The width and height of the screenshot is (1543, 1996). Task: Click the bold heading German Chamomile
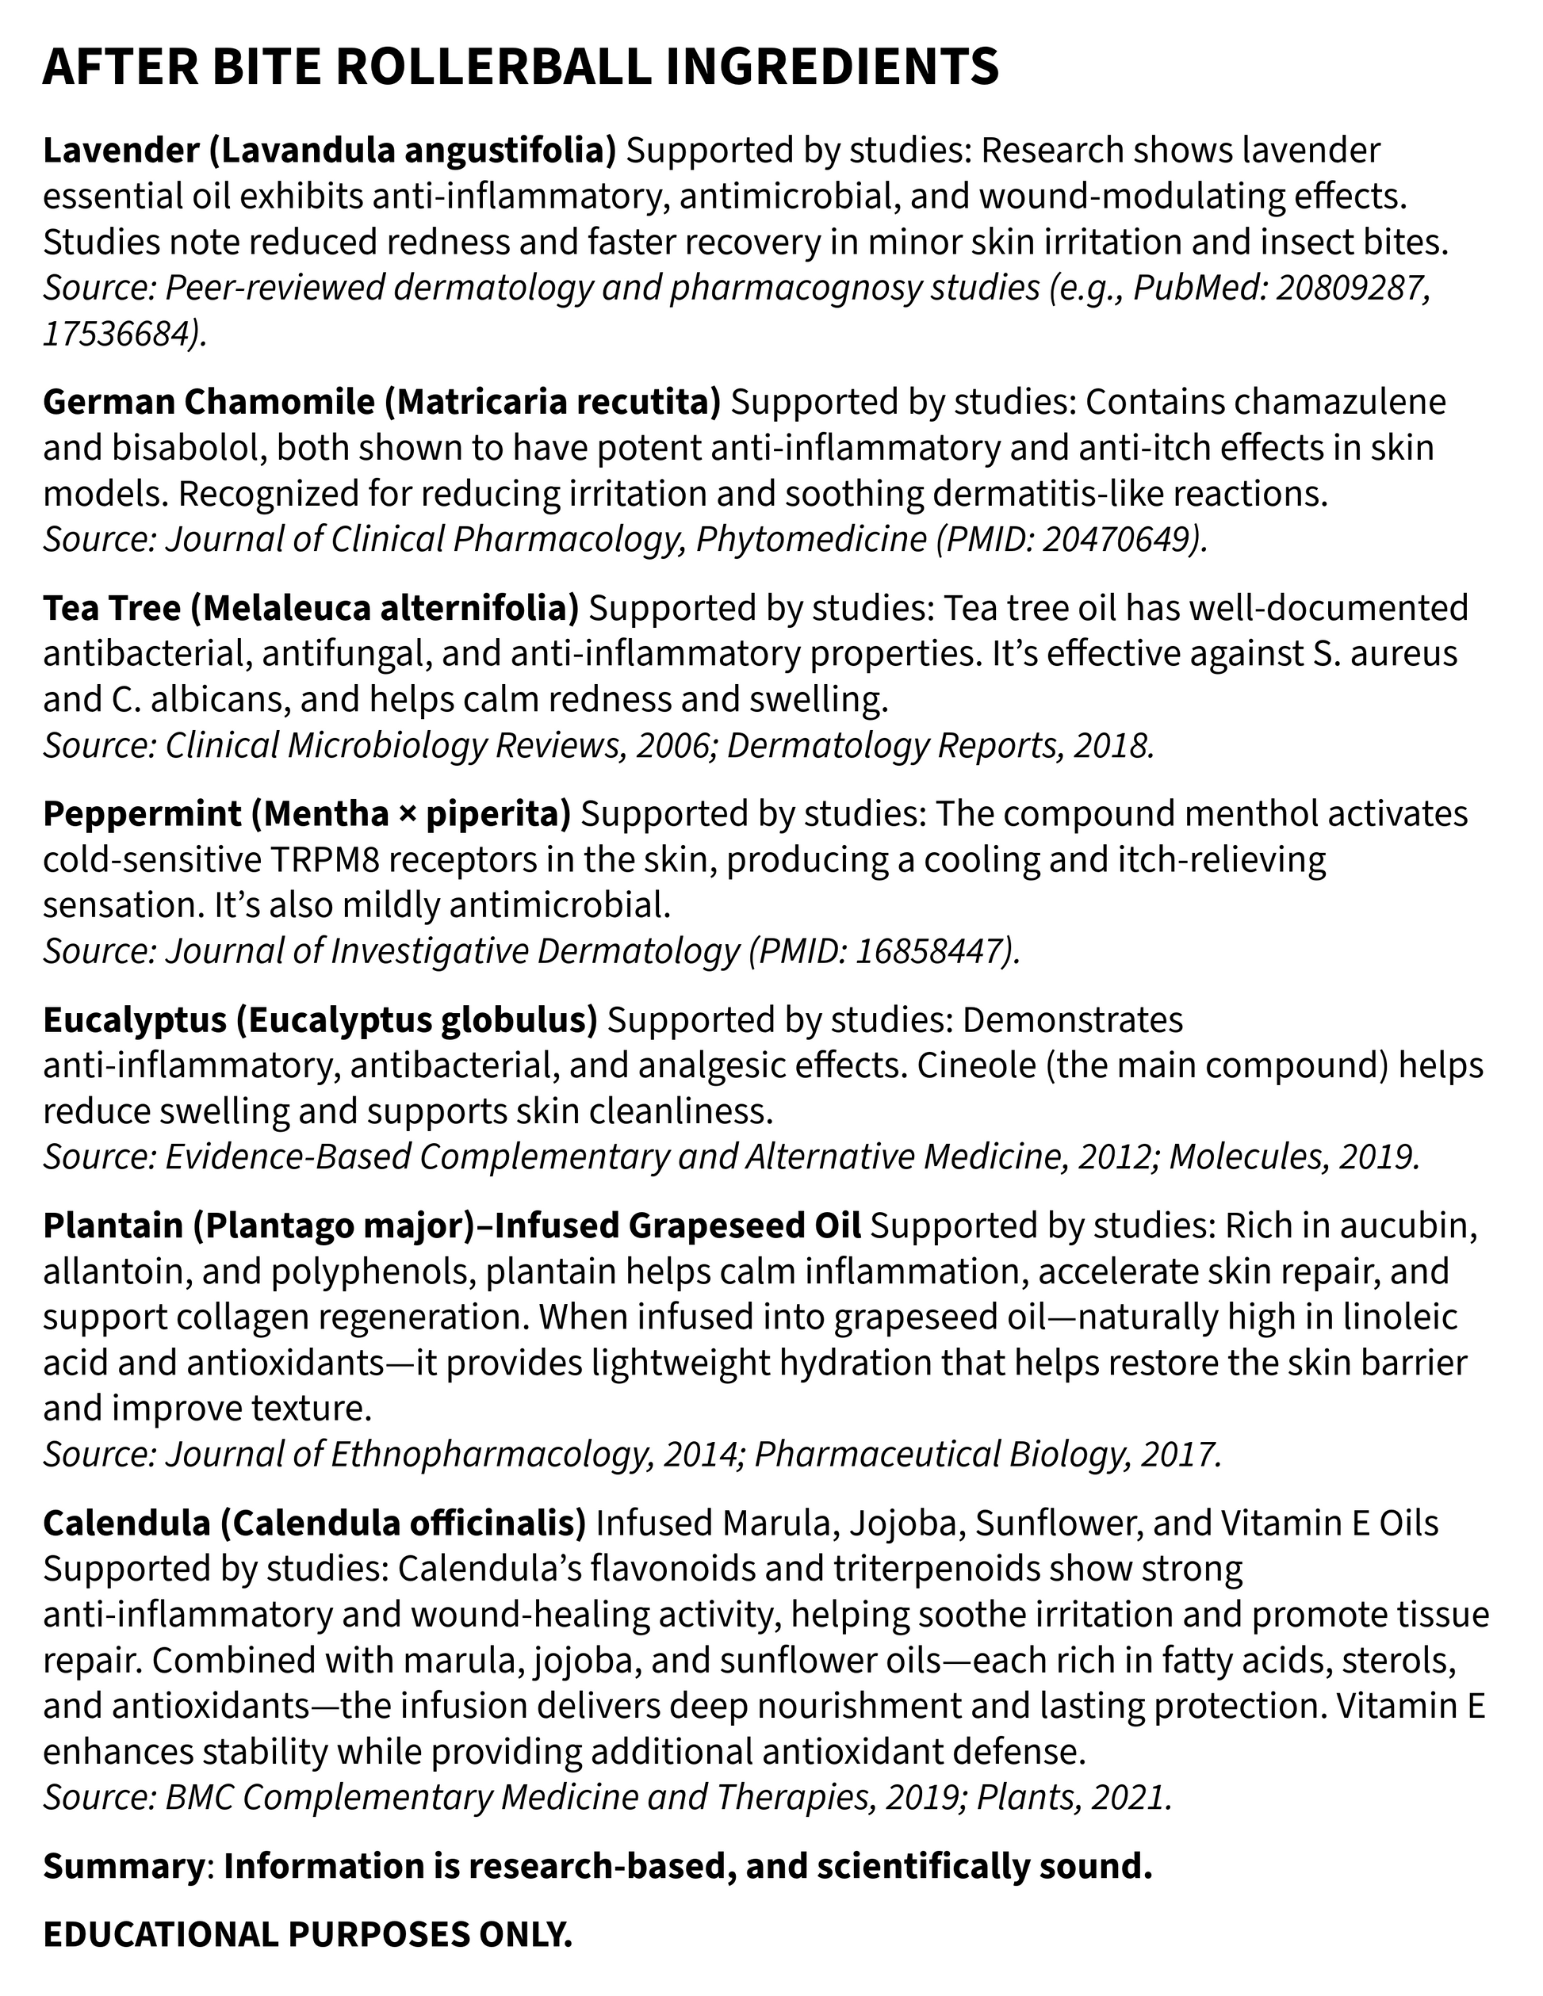209,402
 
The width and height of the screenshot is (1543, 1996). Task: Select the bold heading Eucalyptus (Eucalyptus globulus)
320,1020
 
